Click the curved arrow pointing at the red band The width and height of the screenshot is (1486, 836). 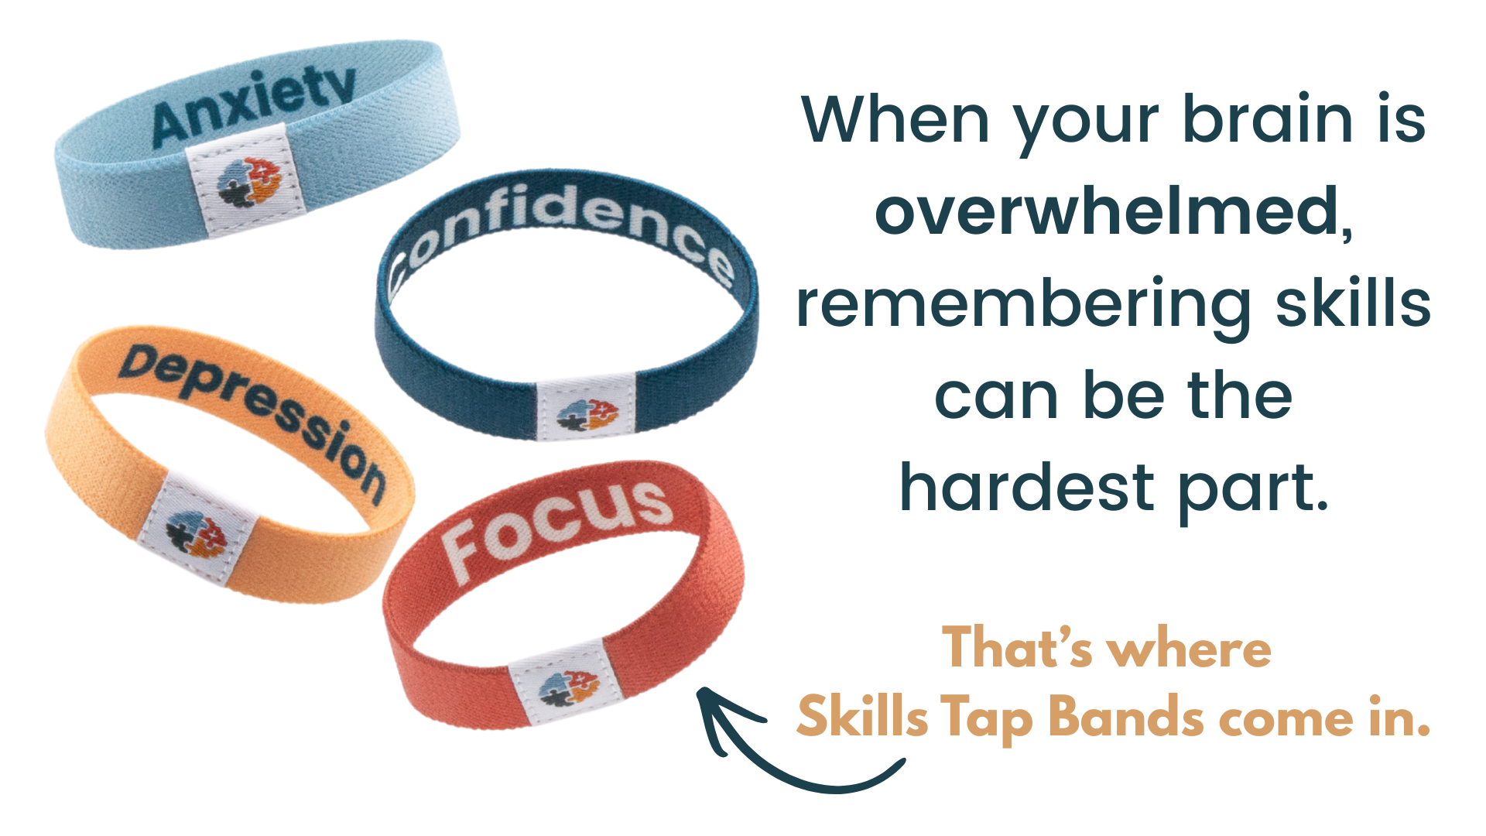pyautogui.click(x=782, y=762)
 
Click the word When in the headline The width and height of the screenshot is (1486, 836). pyautogui.click(x=896, y=119)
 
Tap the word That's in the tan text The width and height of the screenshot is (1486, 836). pyautogui.click(x=1017, y=647)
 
